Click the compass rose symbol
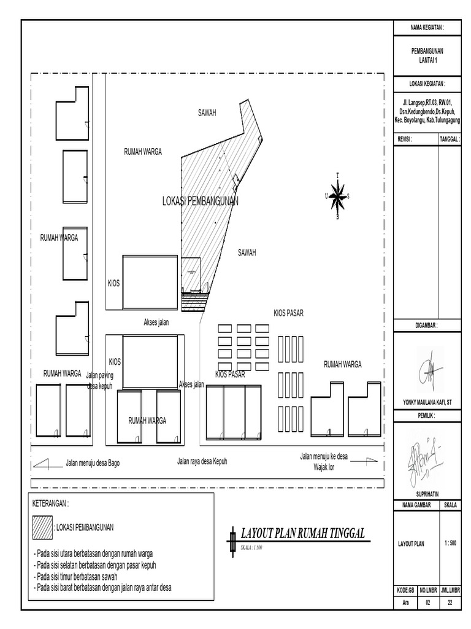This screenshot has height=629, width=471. pos(337,197)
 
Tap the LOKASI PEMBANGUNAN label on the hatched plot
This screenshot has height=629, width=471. pos(201,201)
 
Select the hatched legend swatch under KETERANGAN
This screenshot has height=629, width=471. pos(43,526)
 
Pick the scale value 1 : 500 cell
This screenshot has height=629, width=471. pos(450,543)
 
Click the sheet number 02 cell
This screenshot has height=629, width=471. pos(427,603)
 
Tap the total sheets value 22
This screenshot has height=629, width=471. pos(450,603)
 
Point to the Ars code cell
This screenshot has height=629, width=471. pos(405,603)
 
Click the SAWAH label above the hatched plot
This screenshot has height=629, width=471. pos(208,112)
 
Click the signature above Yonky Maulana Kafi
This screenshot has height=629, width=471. pos(427,370)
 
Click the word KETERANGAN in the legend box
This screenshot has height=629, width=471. pos(50,504)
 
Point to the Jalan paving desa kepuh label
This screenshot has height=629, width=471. pos(100,379)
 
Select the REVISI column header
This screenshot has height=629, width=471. pos(405,139)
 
